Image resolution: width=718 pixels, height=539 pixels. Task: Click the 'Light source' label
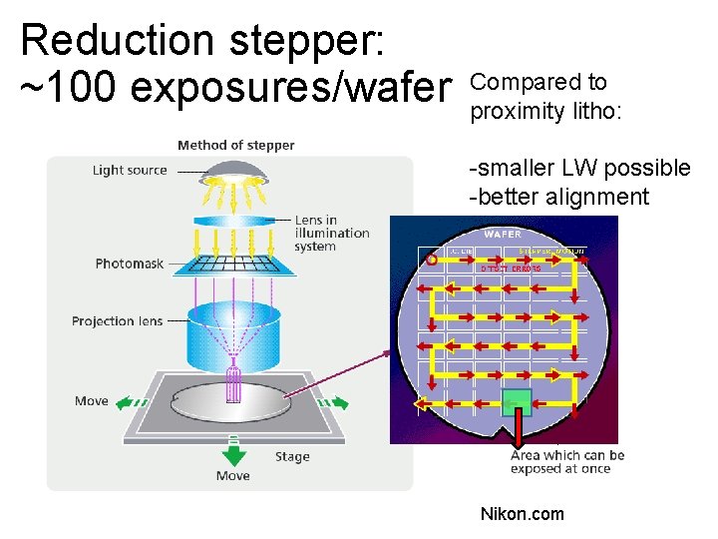(130, 170)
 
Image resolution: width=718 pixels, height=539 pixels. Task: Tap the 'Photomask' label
(130, 264)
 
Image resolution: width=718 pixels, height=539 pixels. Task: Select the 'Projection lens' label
(117, 321)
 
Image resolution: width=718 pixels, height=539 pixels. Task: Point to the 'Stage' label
(292, 457)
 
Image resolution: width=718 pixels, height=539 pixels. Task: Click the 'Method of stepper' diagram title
(236, 146)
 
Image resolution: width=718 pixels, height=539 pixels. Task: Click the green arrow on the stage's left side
(132, 403)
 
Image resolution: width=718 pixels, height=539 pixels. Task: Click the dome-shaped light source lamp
(233, 177)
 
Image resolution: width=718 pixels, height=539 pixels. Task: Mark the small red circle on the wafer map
(432, 261)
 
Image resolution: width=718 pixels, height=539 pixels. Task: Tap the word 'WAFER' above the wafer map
(503, 234)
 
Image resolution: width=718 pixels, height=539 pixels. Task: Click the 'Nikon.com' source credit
(522, 514)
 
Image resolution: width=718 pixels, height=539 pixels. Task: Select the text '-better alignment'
(558, 197)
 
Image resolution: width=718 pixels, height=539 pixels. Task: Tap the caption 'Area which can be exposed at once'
(567, 462)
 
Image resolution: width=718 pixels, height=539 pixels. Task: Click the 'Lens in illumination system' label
(331, 234)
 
